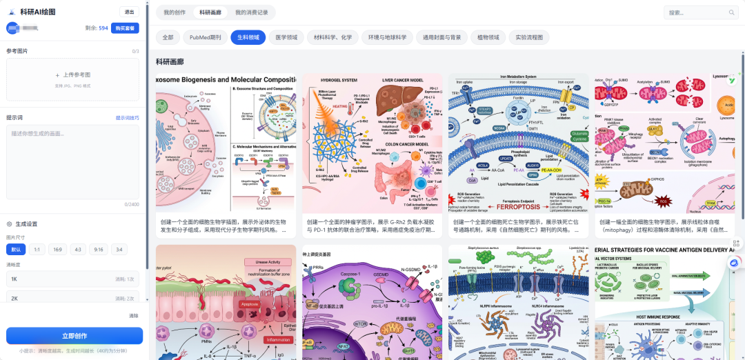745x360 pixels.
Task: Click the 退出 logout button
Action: click(129, 12)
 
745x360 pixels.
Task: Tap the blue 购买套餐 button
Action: click(126, 28)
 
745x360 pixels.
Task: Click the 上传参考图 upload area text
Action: click(72, 74)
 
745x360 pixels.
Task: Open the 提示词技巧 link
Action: click(127, 118)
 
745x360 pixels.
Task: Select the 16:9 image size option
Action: click(57, 249)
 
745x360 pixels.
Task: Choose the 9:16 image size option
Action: click(99, 249)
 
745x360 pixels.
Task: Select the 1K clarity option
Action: click(72, 279)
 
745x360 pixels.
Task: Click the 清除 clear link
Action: click(134, 316)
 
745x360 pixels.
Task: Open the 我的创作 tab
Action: click(175, 12)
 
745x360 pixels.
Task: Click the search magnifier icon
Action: click(732, 12)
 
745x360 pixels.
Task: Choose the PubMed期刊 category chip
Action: click(205, 37)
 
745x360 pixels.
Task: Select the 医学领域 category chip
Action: click(286, 37)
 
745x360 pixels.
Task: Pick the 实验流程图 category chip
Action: click(529, 37)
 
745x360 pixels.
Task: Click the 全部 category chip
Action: click(169, 37)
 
